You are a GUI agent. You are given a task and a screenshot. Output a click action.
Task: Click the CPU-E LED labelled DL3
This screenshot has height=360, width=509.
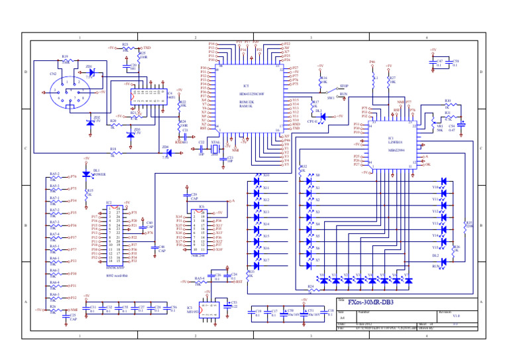pyautogui.click(x=323, y=116)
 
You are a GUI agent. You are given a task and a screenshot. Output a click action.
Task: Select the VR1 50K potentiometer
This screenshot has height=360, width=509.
pyautogui.click(x=432, y=123)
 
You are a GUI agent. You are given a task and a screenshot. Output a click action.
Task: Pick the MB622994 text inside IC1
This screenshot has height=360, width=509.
pyautogui.click(x=391, y=150)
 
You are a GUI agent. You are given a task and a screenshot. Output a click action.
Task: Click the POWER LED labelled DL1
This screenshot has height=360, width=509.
pyautogui.click(x=86, y=174)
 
